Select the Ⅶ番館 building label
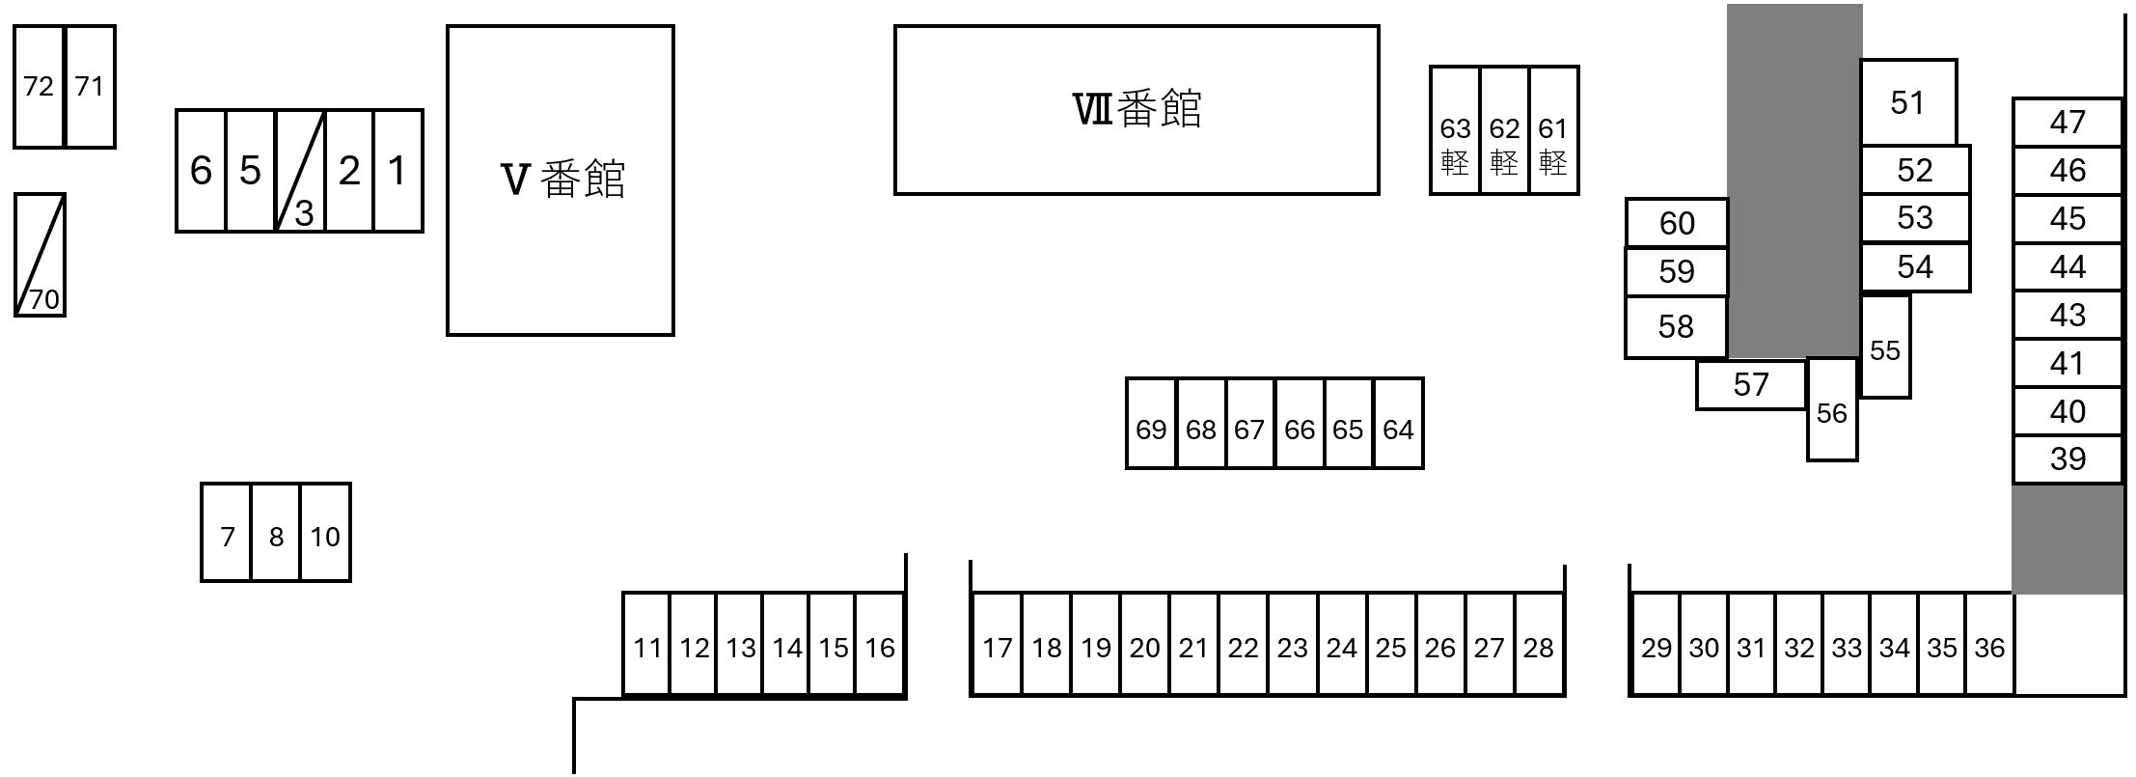click(x=1136, y=109)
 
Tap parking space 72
click(x=39, y=87)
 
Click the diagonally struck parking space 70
click(x=41, y=256)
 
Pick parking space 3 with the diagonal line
click(x=300, y=172)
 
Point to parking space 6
click(x=201, y=171)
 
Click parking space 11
click(x=646, y=646)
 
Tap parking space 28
click(x=1538, y=646)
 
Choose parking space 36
click(x=1989, y=646)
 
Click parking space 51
click(x=1907, y=103)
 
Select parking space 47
click(x=2067, y=123)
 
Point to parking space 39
click(x=2067, y=459)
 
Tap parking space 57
click(x=1750, y=385)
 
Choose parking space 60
click(x=1676, y=223)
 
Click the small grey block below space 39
click(x=2067, y=539)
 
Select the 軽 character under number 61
click(x=1552, y=162)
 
